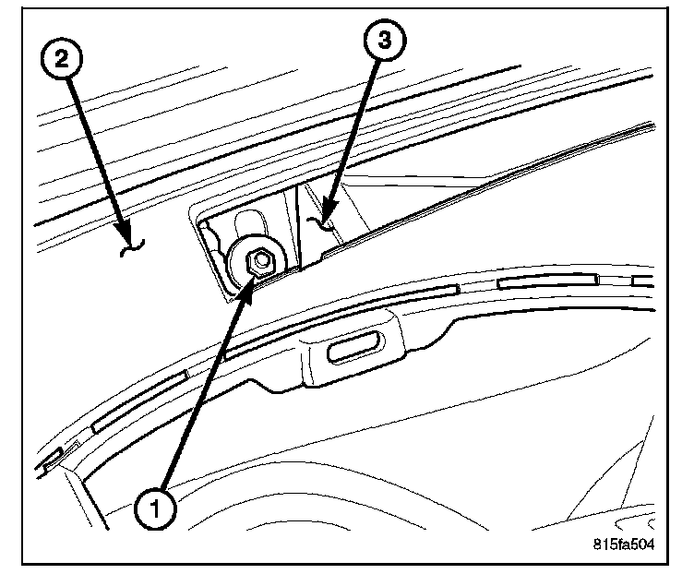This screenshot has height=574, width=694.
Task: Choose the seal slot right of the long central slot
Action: click(549, 281)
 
